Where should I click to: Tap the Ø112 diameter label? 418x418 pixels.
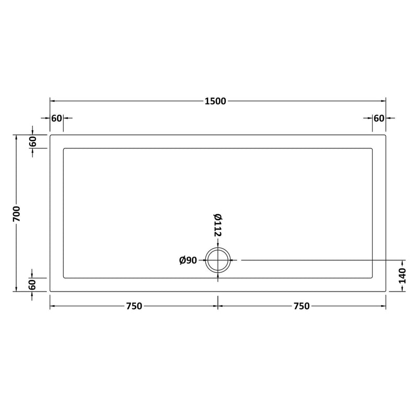[218, 225]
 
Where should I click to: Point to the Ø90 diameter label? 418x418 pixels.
[188, 260]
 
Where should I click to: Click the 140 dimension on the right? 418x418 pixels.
[402, 275]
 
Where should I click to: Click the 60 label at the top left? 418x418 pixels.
[56, 118]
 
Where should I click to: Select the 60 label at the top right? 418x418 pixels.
[379, 118]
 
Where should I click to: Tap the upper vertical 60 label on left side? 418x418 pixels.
[32, 141]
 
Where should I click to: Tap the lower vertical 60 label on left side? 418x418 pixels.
[32, 285]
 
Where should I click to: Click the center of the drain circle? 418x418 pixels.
[218, 260]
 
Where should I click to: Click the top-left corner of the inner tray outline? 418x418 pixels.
[64, 149]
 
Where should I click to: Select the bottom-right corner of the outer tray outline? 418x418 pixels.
[386, 291]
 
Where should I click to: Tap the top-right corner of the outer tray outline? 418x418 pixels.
[386, 135]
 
